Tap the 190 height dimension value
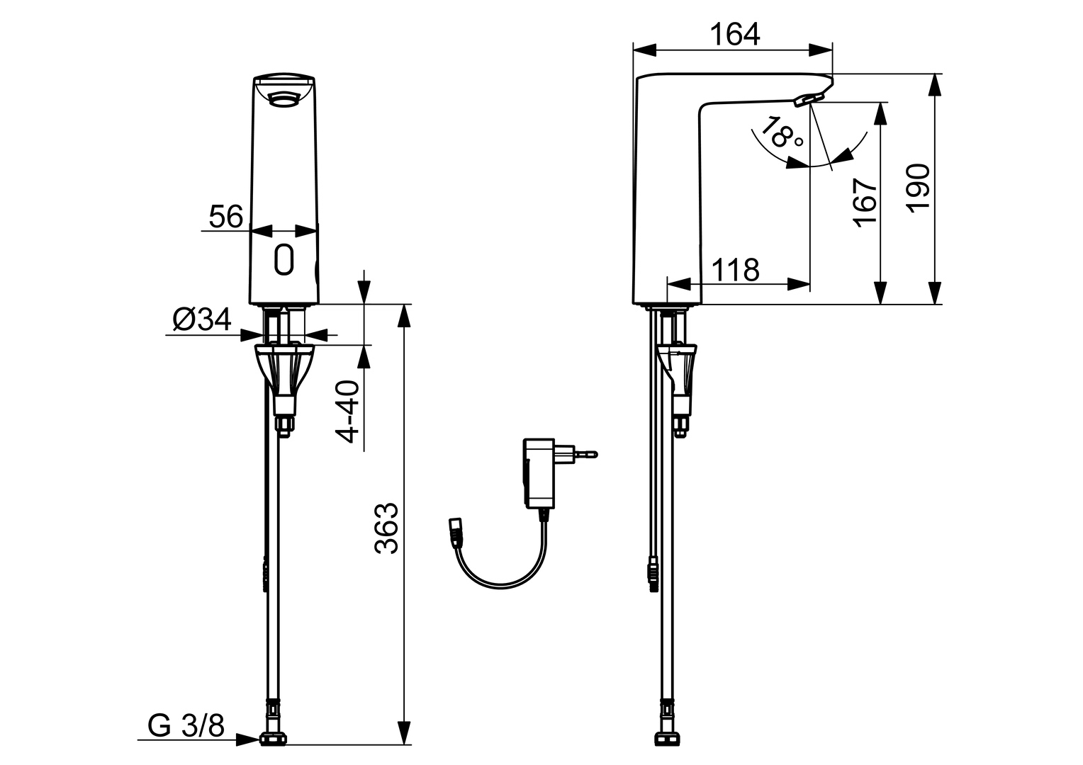click(x=919, y=187)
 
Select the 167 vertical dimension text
click(x=866, y=202)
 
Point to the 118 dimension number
click(x=734, y=270)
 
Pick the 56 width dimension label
click(x=225, y=216)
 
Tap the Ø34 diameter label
click(x=202, y=321)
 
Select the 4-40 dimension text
click(x=348, y=412)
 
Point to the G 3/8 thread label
click(x=186, y=726)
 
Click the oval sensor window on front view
click(x=284, y=259)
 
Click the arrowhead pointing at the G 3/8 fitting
click(x=248, y=740)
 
